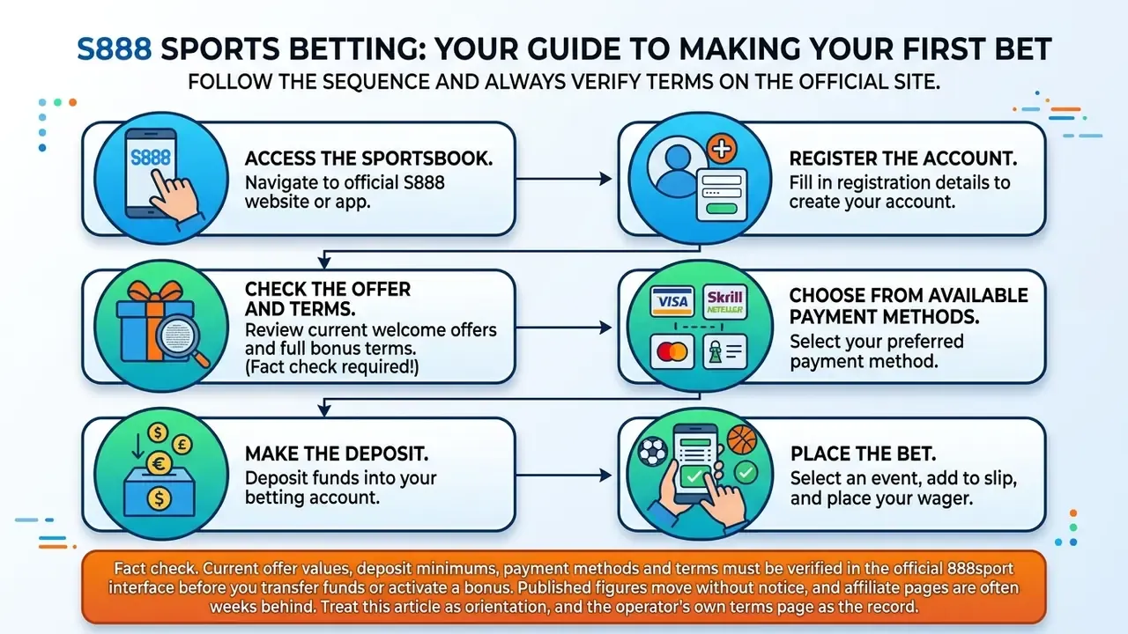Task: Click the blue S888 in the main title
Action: [x=115, y=48]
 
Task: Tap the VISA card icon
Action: [x=672, y=301]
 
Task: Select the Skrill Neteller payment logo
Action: [x=725, y=301]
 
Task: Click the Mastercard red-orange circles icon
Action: [x=672, y=351]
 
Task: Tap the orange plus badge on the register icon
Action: [x=722, y=149]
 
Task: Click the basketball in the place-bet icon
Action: [x=742, y=439]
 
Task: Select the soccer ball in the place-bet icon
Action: [x=653, y=452]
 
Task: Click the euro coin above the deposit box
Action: [x=160, y=463]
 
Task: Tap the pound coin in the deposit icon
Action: [x=182, y=445]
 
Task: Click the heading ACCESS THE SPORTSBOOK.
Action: [x=368, y=158]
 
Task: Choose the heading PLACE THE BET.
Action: [x=863, y=453]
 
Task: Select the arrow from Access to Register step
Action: [x=563, y=179]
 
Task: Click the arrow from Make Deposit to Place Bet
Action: [x=563, y=475]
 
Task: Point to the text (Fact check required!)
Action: [x=332, y=367]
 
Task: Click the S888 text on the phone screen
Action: [x=151, y=158]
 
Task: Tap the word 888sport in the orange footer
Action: [x=980, y=569]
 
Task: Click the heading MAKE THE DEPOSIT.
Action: [x=337, y=453]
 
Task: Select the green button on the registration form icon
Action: [x=722, y=209]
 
